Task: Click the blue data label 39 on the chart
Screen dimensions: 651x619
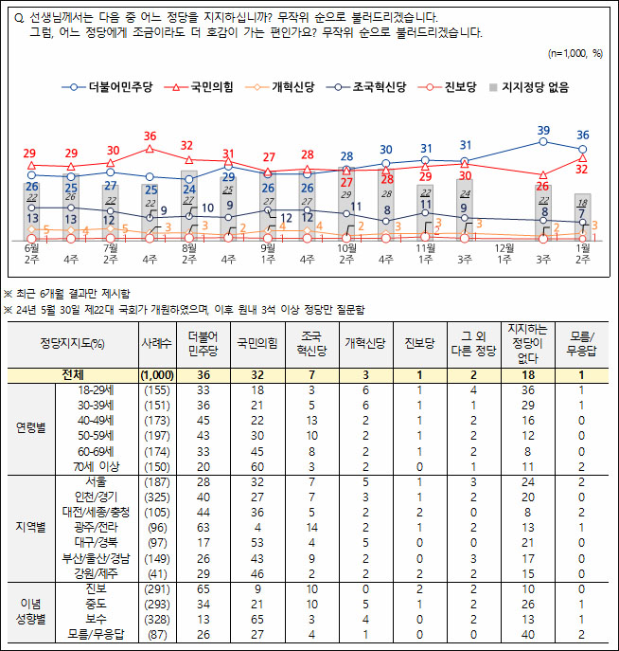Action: tap(543, 130)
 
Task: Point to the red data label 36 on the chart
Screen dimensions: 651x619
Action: tap(150, 136)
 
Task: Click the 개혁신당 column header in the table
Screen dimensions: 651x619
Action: tap(363, 342)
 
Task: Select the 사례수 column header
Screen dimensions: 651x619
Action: tap(155, 342)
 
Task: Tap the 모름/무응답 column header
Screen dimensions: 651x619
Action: tap(580, 342)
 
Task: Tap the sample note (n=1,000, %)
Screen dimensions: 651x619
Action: tap(575, 53)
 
